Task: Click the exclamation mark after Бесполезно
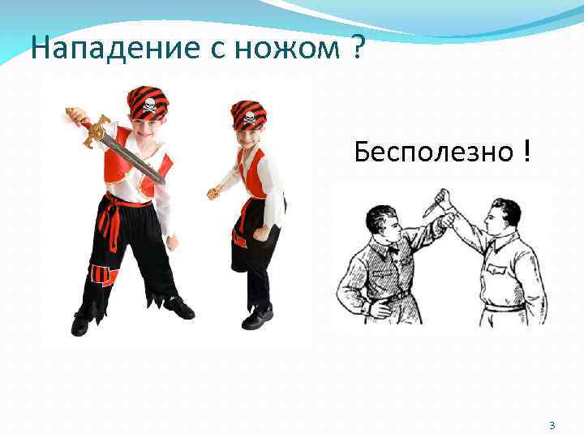[x=527, y=150]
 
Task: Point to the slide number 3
[x=552, y=425]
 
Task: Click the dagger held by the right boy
[x=214, y=193]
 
